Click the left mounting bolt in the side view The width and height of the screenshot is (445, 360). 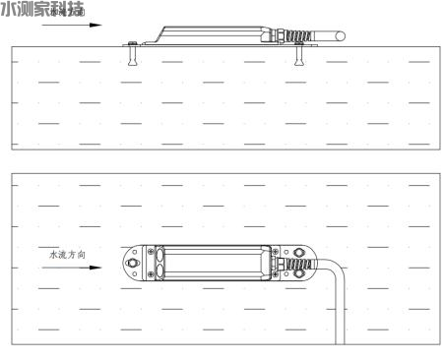click(x=130, y=57)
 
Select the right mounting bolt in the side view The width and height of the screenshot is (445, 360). click(x=299, y=58)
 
